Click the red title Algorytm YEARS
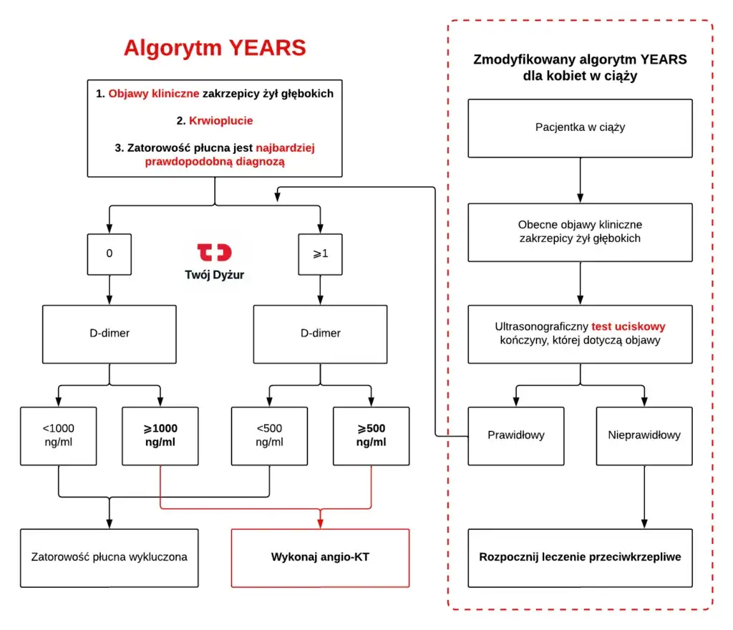click(x=215, y=48)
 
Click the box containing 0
click(x=110, y=253)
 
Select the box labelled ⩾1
click(x=320, y=253)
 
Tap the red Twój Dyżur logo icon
click(x=215, y=252)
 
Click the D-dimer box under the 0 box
click(x=110, y=333)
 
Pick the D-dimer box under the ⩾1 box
click(x=320, y=333)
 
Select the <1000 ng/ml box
click(x=58, y=435)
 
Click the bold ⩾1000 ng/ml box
click(x=160, y=435)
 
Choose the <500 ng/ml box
click(x=269, y=435)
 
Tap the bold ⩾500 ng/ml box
click(x=372, y=435)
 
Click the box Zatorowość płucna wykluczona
click(x=110, y=557)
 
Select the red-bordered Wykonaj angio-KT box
click(x=320, y=557)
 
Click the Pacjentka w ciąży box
click(x=580, y=127)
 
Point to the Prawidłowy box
click(x=515, y=435)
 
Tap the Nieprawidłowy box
click(x=644, y=435)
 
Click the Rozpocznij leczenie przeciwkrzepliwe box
click(x=580, y=557)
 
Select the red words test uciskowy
click(x=628, y=326)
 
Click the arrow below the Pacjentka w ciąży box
click(x=580, y=180)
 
